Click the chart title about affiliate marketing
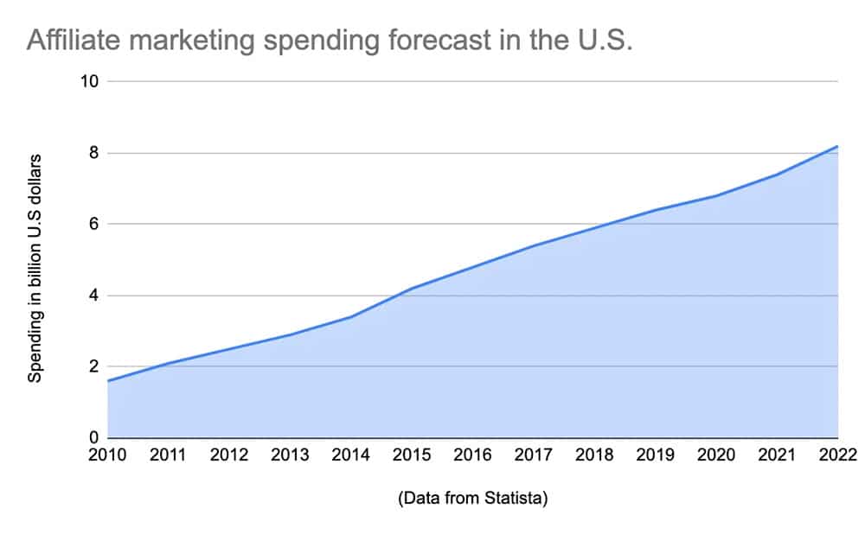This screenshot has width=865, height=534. (x=330, y=41)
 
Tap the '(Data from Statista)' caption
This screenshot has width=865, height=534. (x=472, y=498)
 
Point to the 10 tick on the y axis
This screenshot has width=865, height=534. (x=91, y=82)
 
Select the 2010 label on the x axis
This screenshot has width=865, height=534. (x=108, y=456)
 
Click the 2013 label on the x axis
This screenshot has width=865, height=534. (x=291, y=456)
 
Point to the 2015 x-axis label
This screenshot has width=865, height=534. (x=413, y=456)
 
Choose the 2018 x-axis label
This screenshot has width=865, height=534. (x=595, y=456)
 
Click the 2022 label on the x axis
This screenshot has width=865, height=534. (x=836, y=456)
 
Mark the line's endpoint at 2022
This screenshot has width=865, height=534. (x=837, y=146)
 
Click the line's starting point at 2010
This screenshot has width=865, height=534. (x=109, y=381)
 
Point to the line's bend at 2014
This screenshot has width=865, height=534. (x=351, y=316)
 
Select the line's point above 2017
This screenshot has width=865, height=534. (x=534, y=245)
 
